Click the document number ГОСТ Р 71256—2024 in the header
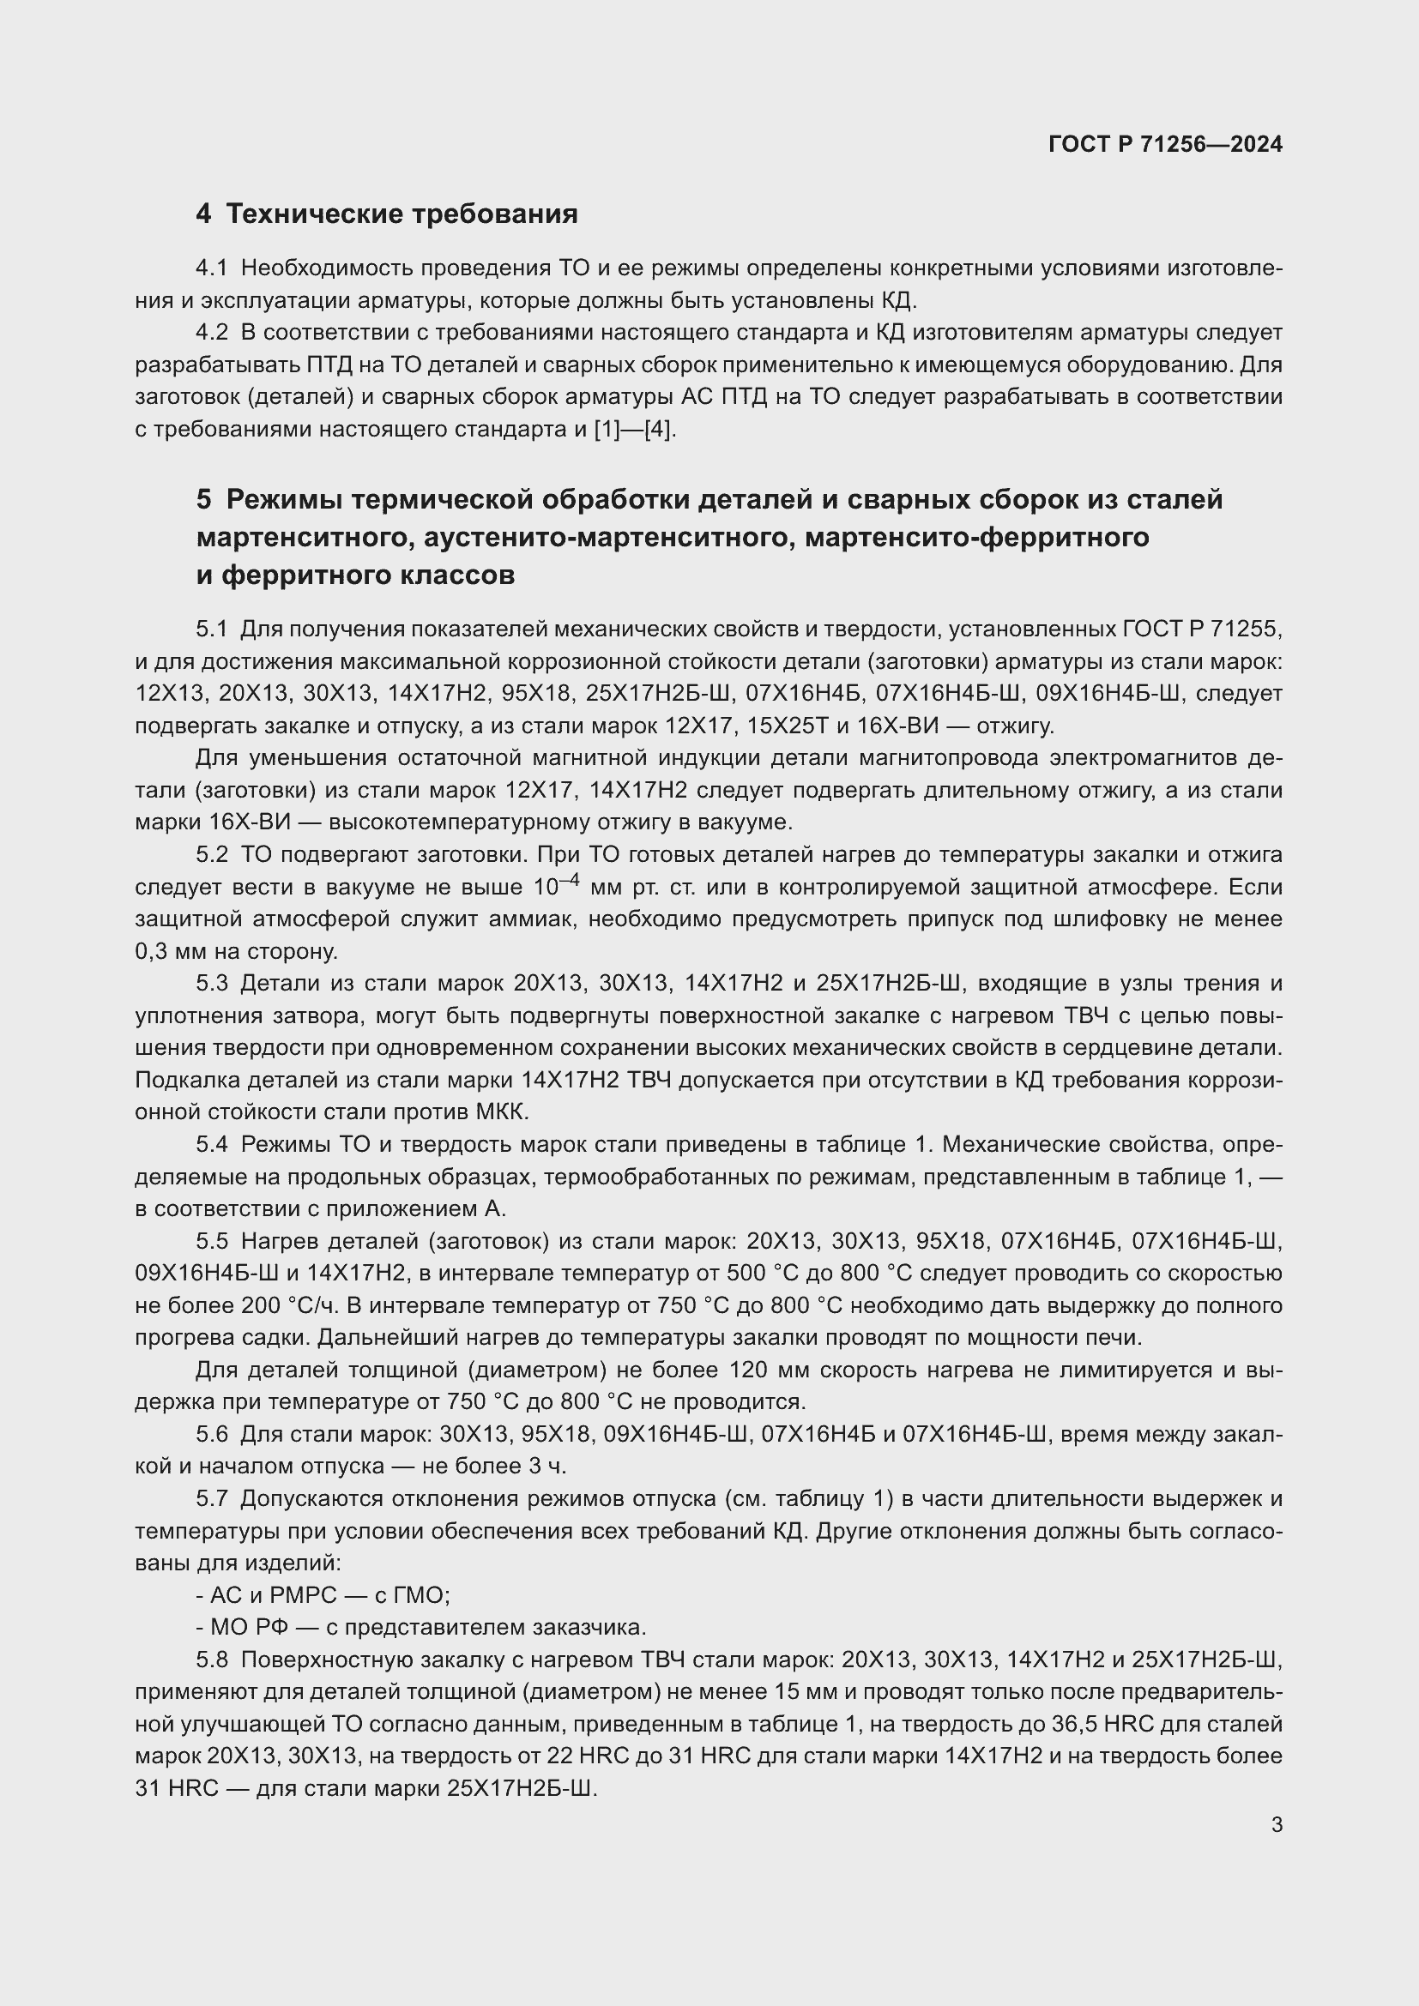(x=1165, y=144)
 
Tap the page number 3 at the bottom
(x=1277, y=1824)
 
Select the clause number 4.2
(x=211, y=333)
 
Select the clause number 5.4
(x=211, y=1145)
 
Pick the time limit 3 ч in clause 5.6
(x=549, y=1466)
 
